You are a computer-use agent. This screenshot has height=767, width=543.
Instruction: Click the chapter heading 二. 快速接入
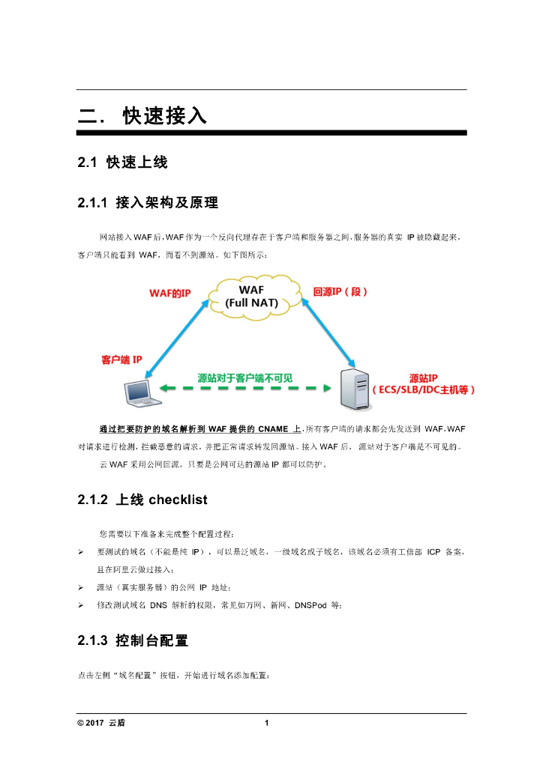coord(142,116)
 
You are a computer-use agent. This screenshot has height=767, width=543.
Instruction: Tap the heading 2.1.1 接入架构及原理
coord(148,202)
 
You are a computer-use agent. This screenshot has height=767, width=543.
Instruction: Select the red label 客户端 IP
coord(121,360)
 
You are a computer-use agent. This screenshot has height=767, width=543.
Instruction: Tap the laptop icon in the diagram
coord(137,392)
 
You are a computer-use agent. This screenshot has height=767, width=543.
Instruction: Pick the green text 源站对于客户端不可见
coord(244,379)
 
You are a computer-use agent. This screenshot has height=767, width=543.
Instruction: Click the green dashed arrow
coord(244,390)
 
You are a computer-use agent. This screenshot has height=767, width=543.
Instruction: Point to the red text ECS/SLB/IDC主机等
coord(424,390)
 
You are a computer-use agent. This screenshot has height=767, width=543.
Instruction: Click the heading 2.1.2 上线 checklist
coord(142,500)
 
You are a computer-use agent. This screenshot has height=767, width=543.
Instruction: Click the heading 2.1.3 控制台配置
coord(133,641)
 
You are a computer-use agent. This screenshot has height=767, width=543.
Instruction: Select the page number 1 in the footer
coord(267,723)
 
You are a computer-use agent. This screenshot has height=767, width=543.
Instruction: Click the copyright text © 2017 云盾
coord(102,723)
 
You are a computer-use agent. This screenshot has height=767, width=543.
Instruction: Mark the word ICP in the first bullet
coord(433,552)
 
